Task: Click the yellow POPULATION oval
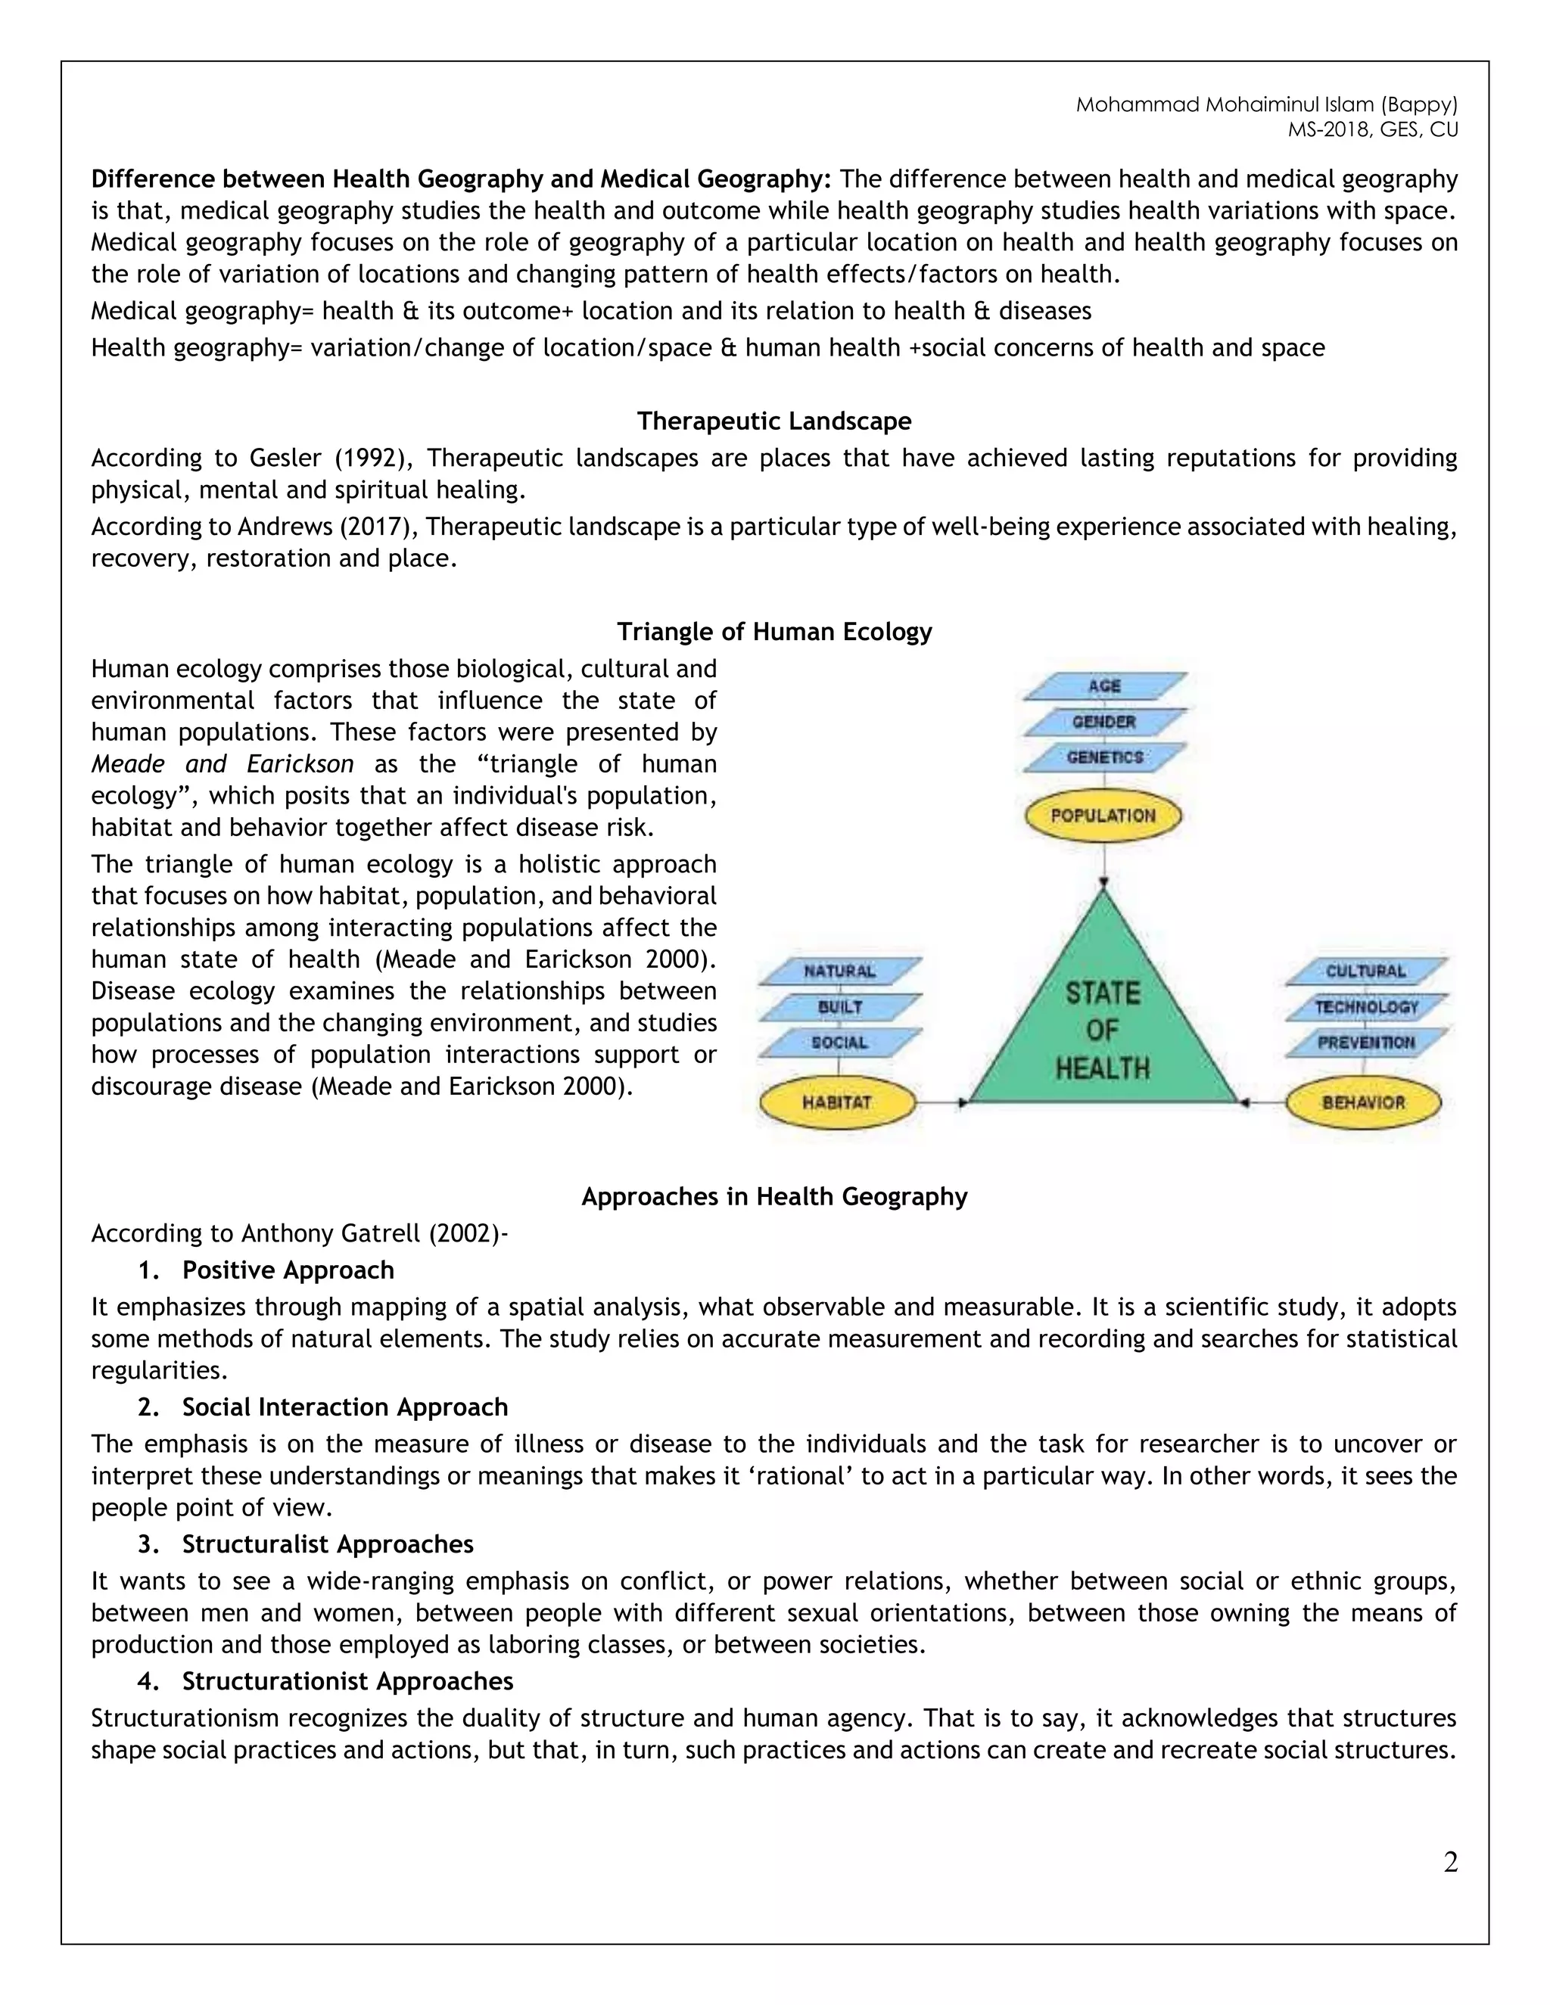pyautogui.click(x=1102, y=815)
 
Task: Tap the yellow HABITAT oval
pyautogui.click(x=836, y=1102)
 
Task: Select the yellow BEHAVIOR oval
pyautogui.click(x=1364, y=1102)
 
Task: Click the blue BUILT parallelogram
pyautogui.click(x=839, y=1007)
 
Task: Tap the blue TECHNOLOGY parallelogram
pyautogui.click(x=1365, y=1007)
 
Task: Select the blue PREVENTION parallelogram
pyautogui.click(x=1365, y=1043)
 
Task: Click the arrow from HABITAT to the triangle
pyautogui.click(x=942, y=1102)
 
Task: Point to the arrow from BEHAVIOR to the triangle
pyautogui.click(x=1262, y=1102)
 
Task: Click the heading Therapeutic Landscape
pyautogui.click(x=774, y=421)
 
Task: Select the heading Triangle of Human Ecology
pyautogui.click(x=774, y=632)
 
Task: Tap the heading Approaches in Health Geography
pyautogui.click(x=774, y=1196)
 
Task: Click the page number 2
pyautogui.click(x=1450, y=1863)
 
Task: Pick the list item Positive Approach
pyautogui.click(x=288, y=1270)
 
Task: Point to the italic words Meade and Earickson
pyautogui.click(x=223, y=764)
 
